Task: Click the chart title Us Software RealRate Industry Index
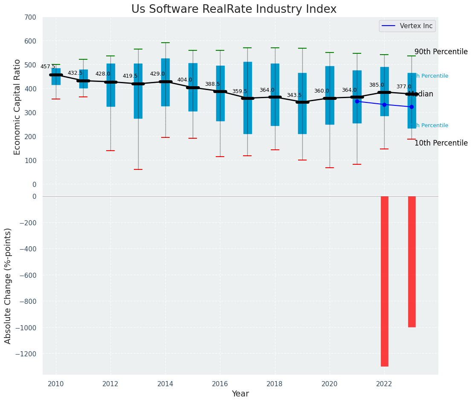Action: pyautogui.click(x=234, y=9)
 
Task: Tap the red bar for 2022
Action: pyautogui.click(x=384, y=281)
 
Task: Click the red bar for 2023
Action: pyautogui.click(x=411, y=261)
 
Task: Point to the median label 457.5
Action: pyautogui.click(x=48, y=67)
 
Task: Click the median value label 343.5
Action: pyautogui.click(x=294, y=95)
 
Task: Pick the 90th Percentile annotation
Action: pyautogui.click(x=441, y=52)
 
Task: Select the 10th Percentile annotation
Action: pyautogui.click(x=441, y=143)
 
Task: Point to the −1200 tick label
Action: pyautogui.click(x=26, y=354)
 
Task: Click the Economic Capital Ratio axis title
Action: pyautogui.click(x=17, y=107)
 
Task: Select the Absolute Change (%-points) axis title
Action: pyautogui.click(x=8, y=285)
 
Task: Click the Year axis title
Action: pyautogui.click(x=240, y=394)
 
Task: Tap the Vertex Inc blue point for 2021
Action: pyautogui.click(x=357, y=101)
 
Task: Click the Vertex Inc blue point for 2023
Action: pyautogui.click(x=411, y=107)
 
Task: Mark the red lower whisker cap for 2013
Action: pyautogui.click(x=138, y=169)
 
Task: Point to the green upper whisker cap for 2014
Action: pyautogui.click(x=165, y=43)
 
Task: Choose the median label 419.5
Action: pyautogui.click(x=130, y=76)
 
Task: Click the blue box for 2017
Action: pyautogui.click(x=247, y=98)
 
